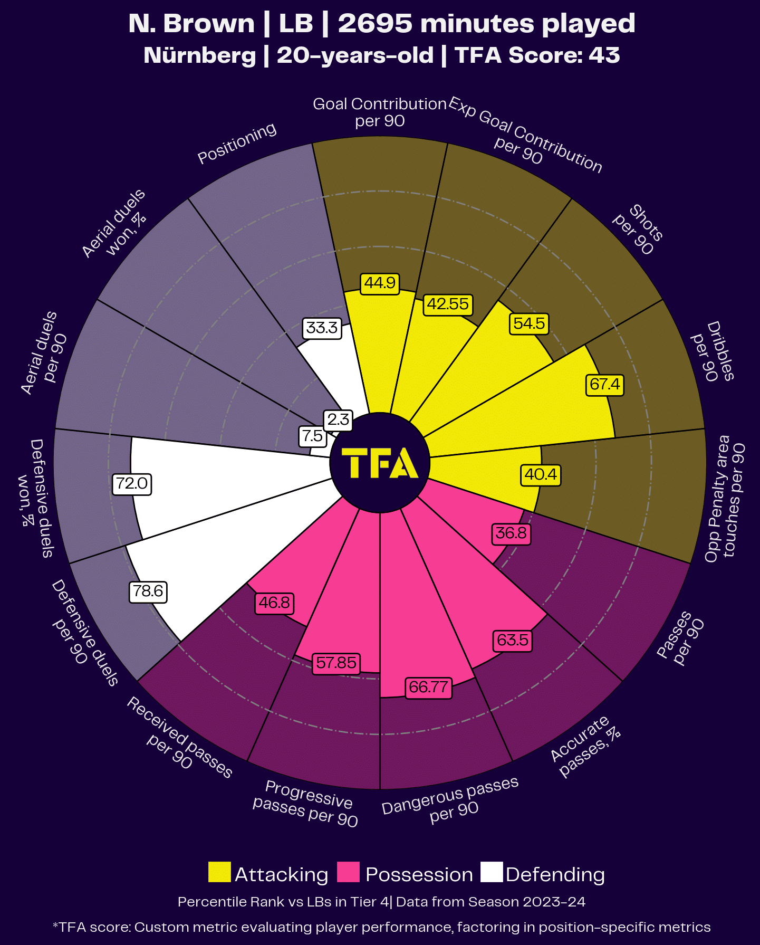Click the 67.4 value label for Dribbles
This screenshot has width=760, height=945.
[604, 384]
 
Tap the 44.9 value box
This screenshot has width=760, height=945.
[380, 283]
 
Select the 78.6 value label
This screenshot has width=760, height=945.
[148, 591]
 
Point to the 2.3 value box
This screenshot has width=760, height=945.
[338, 419]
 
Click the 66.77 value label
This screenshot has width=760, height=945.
[428, 687]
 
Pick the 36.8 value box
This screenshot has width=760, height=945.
[511, 533]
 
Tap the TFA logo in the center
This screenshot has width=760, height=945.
[380, 463]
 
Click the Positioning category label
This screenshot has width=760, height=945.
[237, 143]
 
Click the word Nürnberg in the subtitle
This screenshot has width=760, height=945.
[200, 55]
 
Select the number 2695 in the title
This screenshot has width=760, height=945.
[375, 24]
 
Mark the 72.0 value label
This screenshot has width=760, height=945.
[132, 483]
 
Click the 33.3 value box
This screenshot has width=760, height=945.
[322, 328]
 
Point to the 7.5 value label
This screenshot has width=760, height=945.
[312, 436]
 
